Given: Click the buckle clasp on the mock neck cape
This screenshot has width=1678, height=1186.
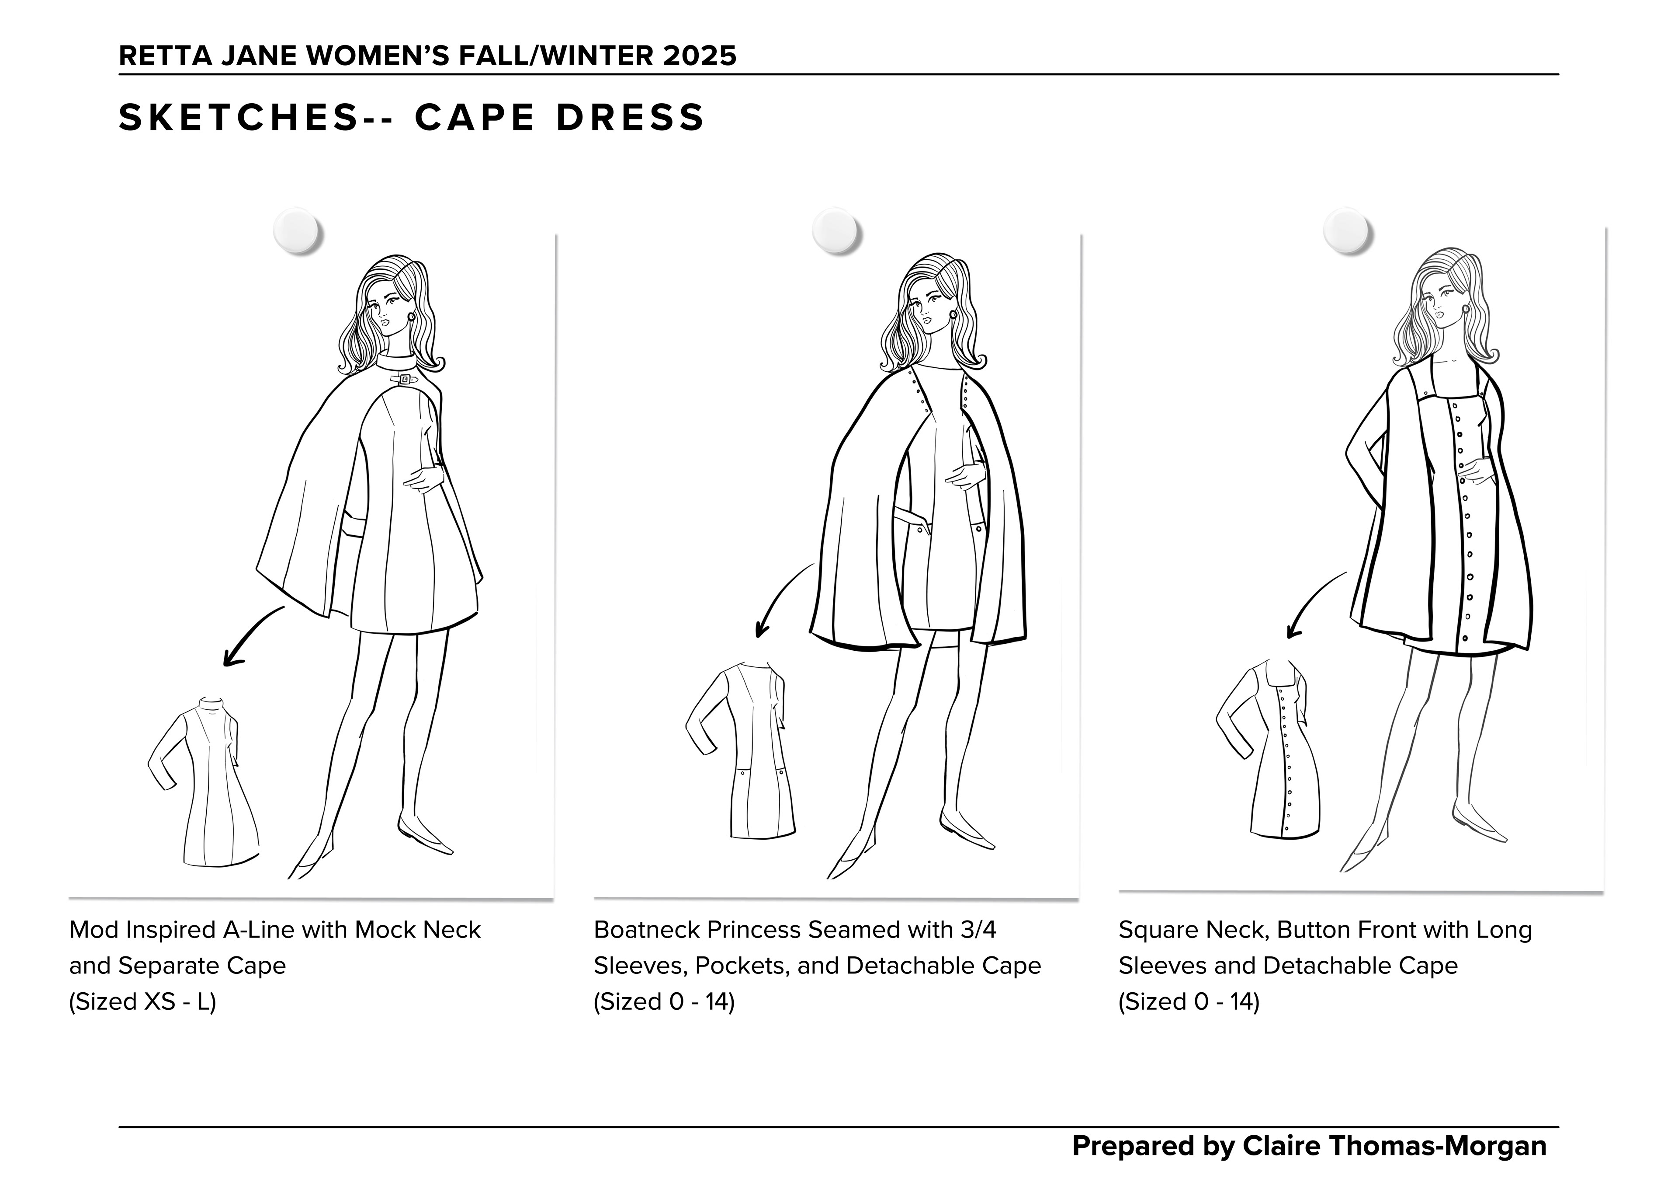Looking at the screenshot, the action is pyautogui.click(x=403, y=379).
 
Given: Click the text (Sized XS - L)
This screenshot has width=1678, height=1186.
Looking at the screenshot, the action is pyautogui.click(x=142, y=1001).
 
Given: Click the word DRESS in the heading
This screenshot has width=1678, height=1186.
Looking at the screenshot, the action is pyautogui.click(x=630, y=118).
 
